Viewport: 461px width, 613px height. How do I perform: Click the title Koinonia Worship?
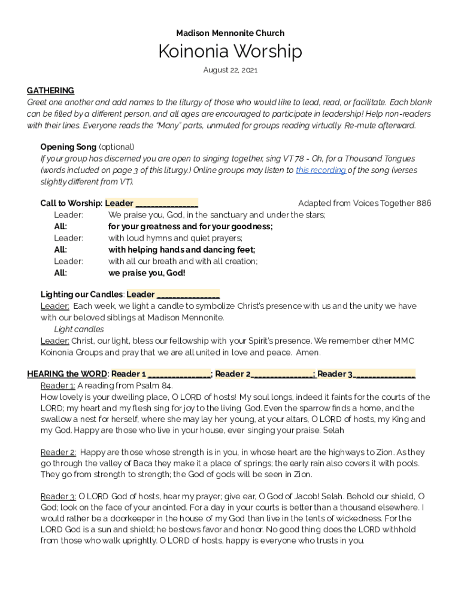pyautogui.click(x=230, y=51)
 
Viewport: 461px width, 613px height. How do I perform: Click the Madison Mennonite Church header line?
pyautogui.click(x=230, y=33)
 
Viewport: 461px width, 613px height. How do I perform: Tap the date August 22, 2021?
pyautogui.click(x=230, y=70)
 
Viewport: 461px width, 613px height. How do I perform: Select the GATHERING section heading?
pyautogui.click(x=50, y=90)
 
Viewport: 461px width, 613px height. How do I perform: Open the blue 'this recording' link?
pyautogui.click(x=320, y=170)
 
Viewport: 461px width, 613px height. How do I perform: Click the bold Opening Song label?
pyautogui.click(x=68, y=147)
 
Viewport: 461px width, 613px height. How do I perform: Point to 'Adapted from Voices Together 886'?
pyautogui.click(x=364, y=204)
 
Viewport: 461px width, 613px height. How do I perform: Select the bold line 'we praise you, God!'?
pyautogui.click(x=147, y=273)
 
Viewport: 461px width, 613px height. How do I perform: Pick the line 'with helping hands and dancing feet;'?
pyautogui.click(x=181, y=250)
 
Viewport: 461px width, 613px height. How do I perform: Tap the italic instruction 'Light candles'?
pyautogui.click(x=78, y=329)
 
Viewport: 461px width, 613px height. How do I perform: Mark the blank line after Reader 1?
pyautogui.click(x=179, y=374)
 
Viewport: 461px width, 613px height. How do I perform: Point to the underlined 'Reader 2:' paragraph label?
pyautogui.click(x=58, y=453)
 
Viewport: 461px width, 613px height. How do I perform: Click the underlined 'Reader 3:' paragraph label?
pyautogui.click(x=58, y=496)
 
